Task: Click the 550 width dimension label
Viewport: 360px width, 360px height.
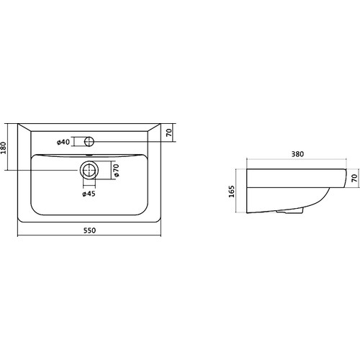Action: pyautogui.click(x=89, y=230)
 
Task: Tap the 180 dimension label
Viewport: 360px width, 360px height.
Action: pyautogui.click(x=4, y=148)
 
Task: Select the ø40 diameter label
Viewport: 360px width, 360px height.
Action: pyautogui.click(x=63, y=142)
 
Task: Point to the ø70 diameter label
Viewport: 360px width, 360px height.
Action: pyautogui.click(x=116, y=171)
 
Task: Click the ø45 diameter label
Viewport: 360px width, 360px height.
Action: pyautogui.click(x=89, y=194)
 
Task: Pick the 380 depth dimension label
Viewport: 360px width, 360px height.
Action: pyautogui.click(x=297, y=154)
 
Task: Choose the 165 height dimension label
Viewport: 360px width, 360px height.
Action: pyautogui.click(x=232, y=192)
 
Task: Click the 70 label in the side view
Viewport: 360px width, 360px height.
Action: pyautogui.click(x=354, y=178)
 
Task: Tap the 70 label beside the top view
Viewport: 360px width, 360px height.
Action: pyautogui.click(x=169, y=132)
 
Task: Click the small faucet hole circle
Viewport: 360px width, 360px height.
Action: pyautogui.click(x=89, y=141)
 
